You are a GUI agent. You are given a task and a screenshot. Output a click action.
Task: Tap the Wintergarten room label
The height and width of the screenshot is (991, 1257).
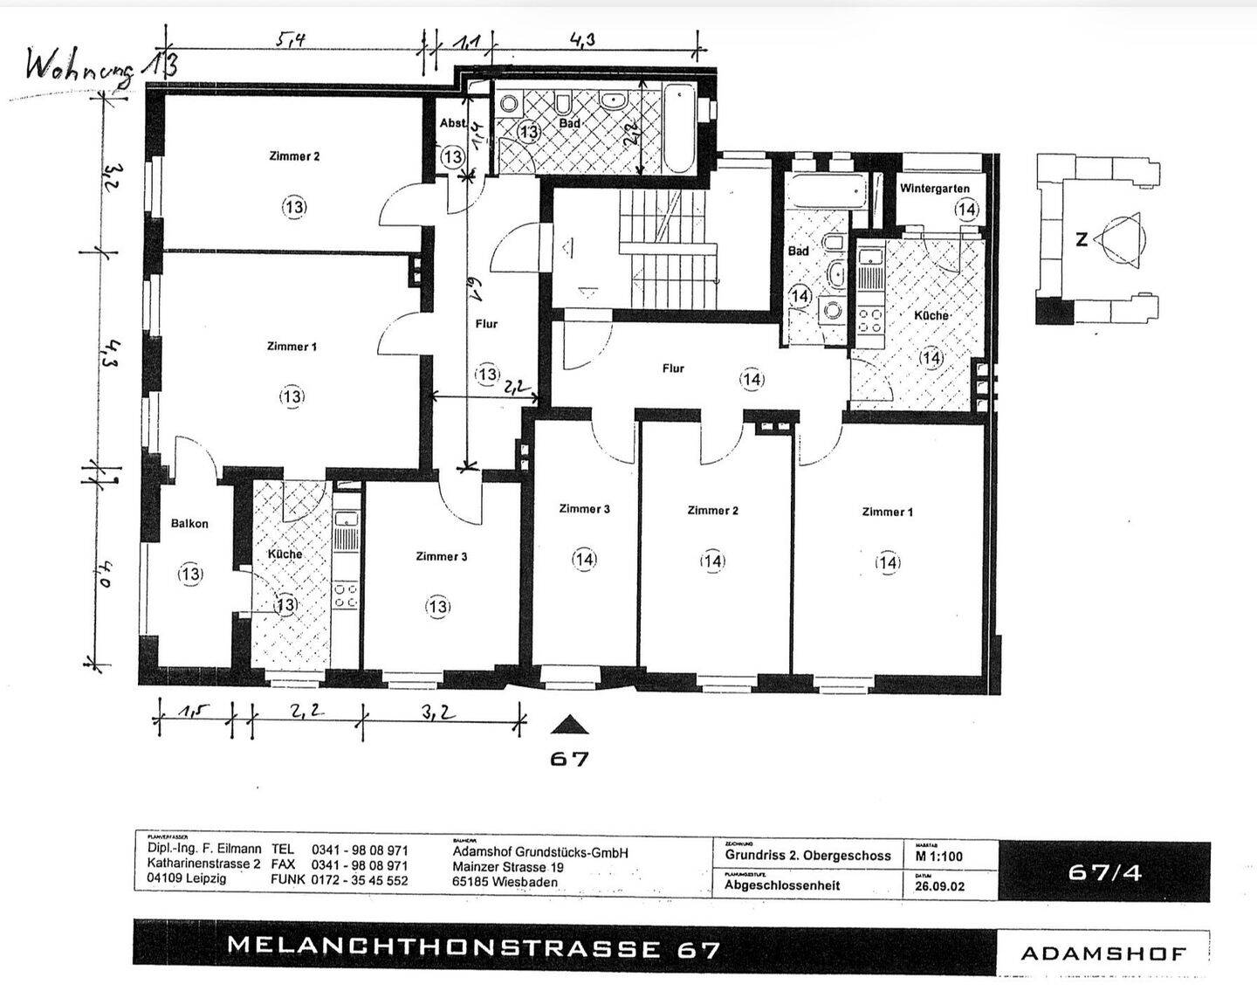934,189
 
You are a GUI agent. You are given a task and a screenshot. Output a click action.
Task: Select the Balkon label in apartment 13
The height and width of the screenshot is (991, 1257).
189,524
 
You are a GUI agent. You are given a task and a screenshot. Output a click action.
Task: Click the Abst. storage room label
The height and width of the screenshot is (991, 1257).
452,124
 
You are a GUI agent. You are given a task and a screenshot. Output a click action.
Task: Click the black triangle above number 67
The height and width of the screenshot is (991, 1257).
569,725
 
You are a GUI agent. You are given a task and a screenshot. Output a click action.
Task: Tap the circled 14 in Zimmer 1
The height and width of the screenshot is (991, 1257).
888,563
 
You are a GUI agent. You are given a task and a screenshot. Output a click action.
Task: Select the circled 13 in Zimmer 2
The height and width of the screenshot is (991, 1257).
294,207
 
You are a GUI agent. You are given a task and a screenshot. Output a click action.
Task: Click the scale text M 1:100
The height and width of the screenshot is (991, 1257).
939,856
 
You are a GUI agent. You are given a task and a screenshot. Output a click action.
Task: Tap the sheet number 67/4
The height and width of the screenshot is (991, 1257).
1103,871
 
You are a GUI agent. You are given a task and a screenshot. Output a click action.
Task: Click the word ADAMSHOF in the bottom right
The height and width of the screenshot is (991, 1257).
1103,953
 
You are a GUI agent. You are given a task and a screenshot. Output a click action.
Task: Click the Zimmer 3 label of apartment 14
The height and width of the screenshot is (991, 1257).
584,509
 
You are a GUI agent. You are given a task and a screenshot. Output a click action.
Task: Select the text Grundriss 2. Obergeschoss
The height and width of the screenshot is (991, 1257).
807,856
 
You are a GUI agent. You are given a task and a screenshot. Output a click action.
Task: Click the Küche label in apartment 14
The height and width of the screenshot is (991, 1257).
931,315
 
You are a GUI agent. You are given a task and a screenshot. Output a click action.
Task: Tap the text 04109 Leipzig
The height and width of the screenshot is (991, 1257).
186,879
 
